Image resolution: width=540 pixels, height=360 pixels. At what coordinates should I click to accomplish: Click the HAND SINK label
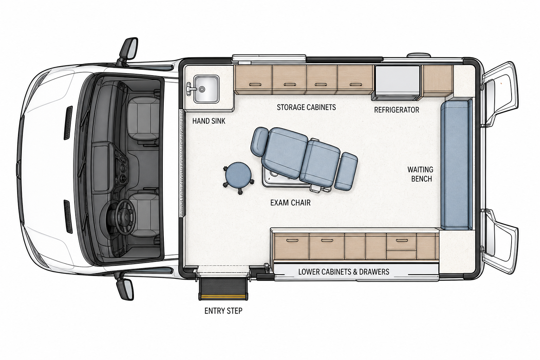coord(209,121)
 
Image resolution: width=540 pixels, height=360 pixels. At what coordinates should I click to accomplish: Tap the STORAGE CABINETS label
coord(306,107)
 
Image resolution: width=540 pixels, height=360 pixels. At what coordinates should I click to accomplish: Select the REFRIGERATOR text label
coord(397,110)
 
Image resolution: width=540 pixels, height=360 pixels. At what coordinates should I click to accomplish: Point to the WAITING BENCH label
coord(420,174)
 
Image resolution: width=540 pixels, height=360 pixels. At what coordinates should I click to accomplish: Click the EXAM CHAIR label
coord(290,202)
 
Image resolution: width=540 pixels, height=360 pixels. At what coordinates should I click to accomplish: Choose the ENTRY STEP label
coord(223,311)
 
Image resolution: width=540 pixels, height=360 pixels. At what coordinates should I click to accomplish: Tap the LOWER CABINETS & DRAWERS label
coord(344,272)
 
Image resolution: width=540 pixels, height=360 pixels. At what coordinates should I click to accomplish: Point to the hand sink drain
coord(202,89)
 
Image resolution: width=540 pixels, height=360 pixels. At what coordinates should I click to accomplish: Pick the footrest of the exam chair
coord(346,171)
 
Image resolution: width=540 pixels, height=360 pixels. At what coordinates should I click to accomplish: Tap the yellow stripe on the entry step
coord(223,295)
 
